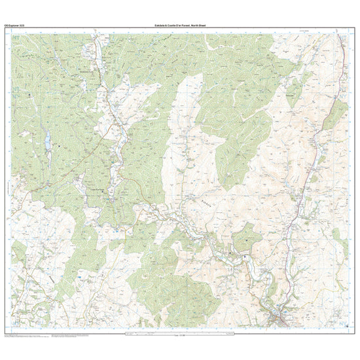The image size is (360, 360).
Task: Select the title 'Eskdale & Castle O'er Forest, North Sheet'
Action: tap(180, 25)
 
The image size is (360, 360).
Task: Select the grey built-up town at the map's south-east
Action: tap(280, 317)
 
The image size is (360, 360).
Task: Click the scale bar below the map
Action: tap(180, 334)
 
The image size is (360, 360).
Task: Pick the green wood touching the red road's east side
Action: tap(334, 115)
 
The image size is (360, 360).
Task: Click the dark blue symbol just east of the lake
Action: tap(58, 138)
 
